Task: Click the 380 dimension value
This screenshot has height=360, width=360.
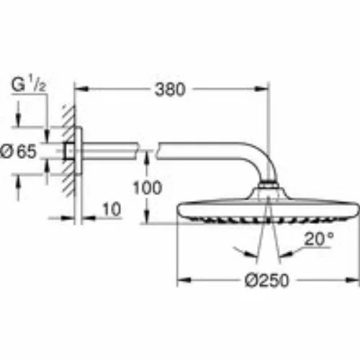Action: click(170, 90)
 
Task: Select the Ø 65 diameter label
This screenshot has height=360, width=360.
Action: click(19, 151)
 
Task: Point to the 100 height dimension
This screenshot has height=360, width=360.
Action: click(148, 188)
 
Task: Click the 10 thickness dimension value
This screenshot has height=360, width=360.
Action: click(112, 210)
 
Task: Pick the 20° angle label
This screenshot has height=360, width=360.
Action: click(319, 238)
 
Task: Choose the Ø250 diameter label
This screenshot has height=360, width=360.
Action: click(267, 280)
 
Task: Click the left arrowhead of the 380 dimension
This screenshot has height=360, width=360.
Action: click(80, 89)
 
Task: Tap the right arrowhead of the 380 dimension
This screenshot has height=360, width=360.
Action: click(262, 89)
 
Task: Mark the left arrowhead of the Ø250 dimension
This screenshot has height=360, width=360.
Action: click(184, 280)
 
